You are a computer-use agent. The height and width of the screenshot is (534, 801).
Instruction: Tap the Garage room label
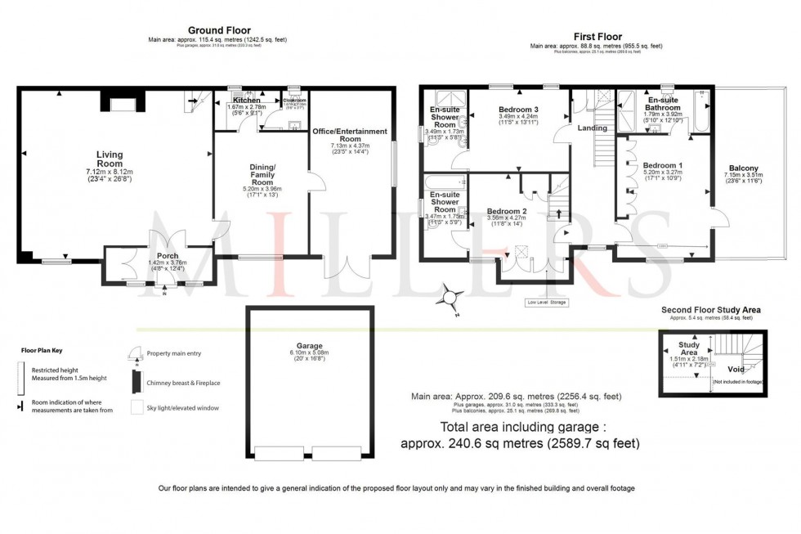coord(307,345)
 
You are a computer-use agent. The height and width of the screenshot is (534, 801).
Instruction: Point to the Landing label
coord(592,128)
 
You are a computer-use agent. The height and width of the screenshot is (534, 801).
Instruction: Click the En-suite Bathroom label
coord(662,102)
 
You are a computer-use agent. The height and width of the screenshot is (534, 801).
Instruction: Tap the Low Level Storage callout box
coord(546,303)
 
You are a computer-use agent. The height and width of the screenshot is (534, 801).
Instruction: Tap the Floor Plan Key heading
coord(43,350)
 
